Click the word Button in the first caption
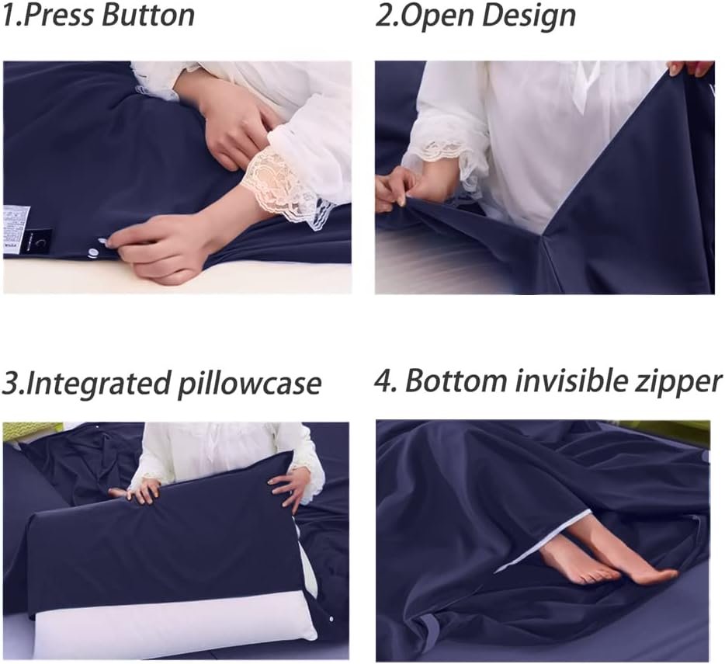click(x=148, y=15)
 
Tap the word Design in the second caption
click(x=529, y=16)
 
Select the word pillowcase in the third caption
click(x=249, y=384)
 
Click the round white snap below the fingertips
click(x=94, y=252)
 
